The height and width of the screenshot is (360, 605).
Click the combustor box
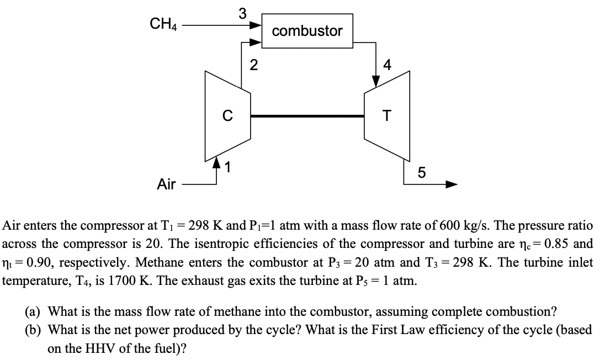point(307,31)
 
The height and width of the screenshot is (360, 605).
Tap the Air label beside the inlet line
point(166,184)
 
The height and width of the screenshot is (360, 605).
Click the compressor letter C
point(226,116)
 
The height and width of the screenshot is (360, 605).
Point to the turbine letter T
point(387,116)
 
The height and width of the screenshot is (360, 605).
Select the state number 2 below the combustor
point(253,65)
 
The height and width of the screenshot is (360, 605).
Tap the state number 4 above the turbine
point(387,65)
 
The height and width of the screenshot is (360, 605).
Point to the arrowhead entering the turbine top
point(376,81)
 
